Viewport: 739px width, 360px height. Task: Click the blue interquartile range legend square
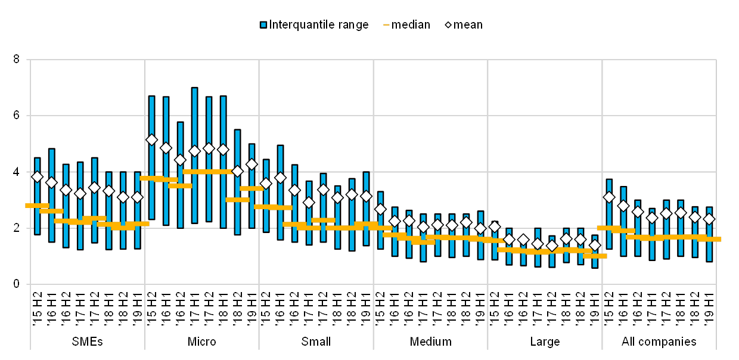[x=263, y=24]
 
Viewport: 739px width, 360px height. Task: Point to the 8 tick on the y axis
[x=16, y=60]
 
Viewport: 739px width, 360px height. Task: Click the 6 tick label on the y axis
[x=16, y=116]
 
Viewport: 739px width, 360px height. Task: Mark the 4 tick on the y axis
[x=16, y=172]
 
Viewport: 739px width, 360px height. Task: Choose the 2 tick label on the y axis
[x=16, y=228]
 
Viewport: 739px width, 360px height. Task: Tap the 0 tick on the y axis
[x=16, y=284]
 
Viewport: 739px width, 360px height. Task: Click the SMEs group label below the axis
[x=87, y=342]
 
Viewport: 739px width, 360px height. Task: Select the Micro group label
[x=202, y=342]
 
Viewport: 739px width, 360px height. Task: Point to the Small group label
[x=316, y=342]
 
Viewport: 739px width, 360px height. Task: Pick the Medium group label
[x=430, y=342]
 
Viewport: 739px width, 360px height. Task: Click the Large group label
[x=545, y=342]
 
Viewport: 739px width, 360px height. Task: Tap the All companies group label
[x=659, y=342]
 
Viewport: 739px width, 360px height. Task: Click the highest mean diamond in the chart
[x=151, y=139]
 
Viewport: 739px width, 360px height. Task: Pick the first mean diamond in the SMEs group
[x=37, y=176]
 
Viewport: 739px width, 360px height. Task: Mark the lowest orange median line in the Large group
[x=595, y=256]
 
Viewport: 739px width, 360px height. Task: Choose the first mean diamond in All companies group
[x=608, y=197]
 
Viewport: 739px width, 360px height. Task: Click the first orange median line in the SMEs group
[x=37, y=206]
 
